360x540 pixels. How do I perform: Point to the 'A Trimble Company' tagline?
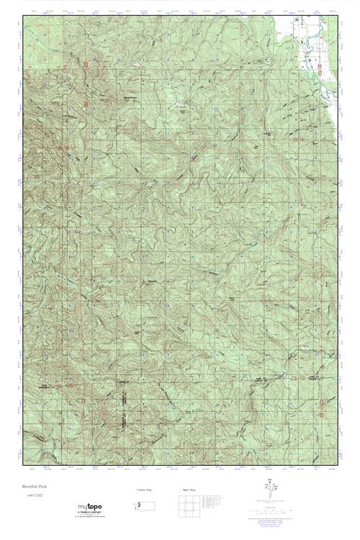point(91,513)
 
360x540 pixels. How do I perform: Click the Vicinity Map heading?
point(143,490)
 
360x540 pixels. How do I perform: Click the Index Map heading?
point(188,490)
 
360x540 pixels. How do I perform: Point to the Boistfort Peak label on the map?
point(131,98)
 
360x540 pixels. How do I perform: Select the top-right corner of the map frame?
point(337,14)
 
